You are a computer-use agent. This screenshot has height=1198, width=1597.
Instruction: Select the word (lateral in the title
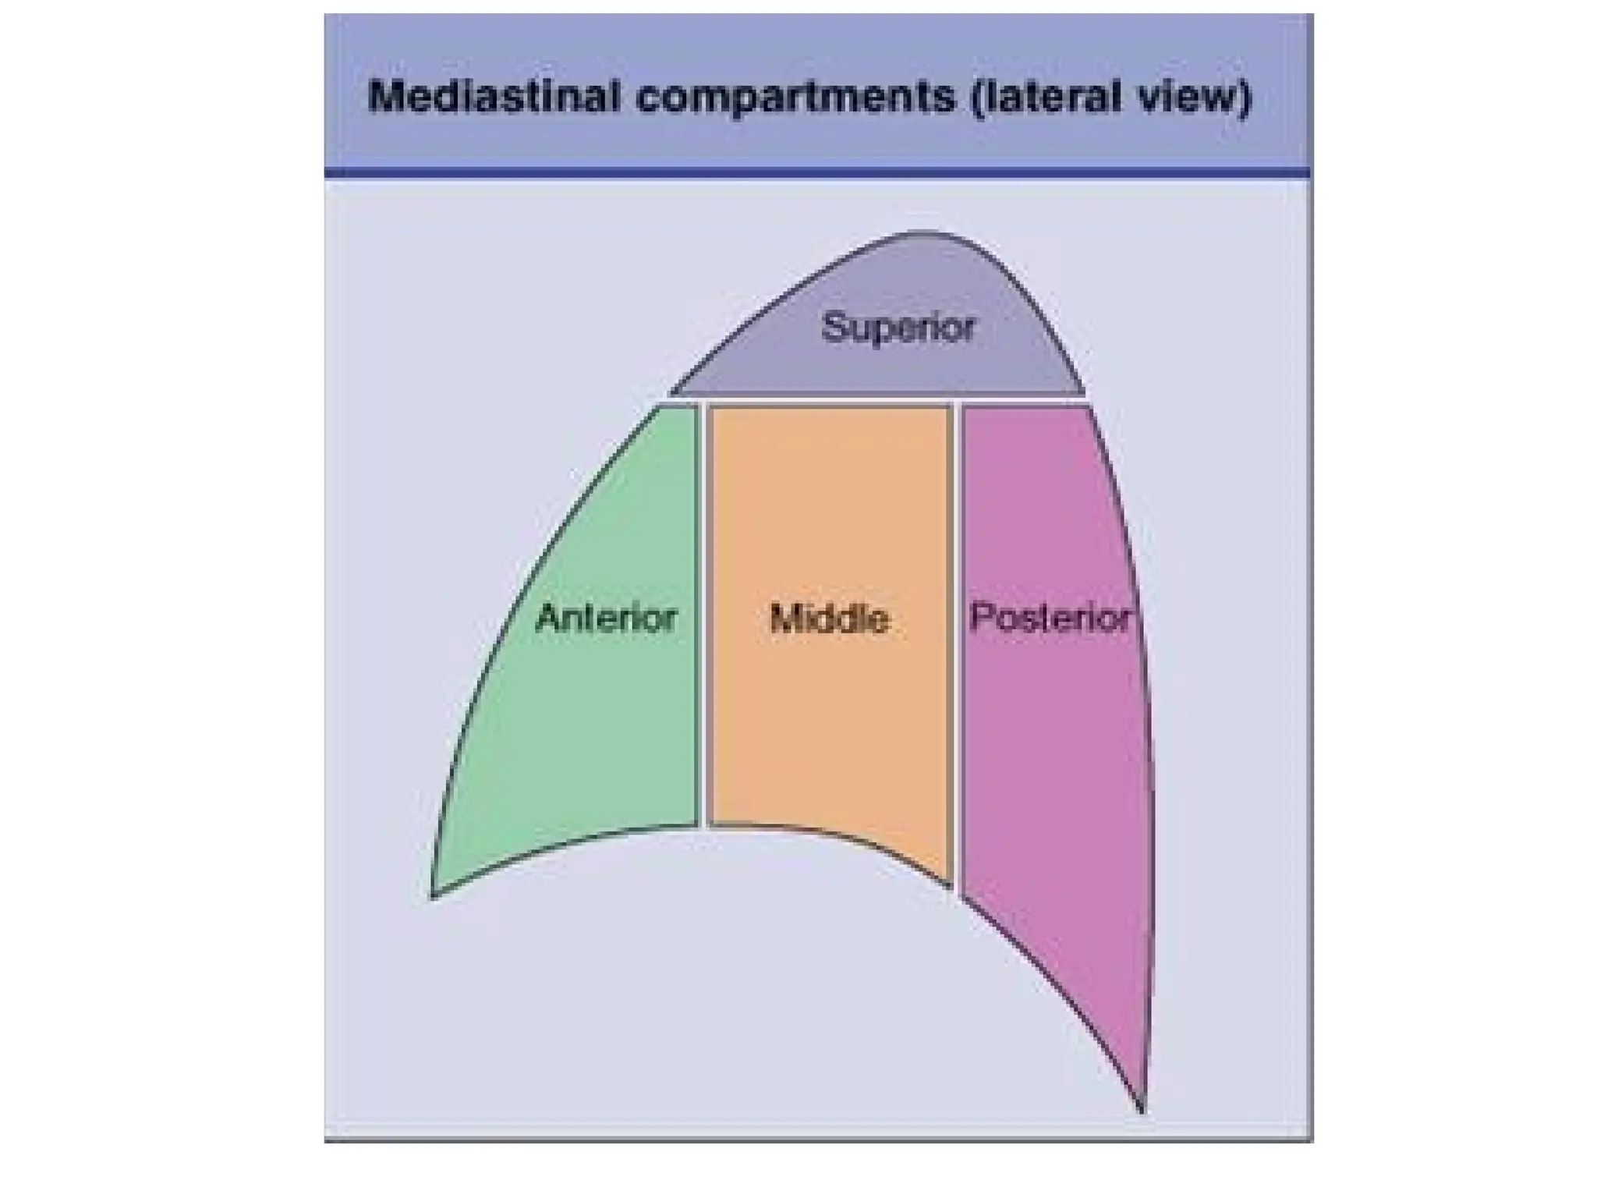coord(1038,97)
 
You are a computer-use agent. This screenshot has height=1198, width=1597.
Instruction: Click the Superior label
coord(898,328)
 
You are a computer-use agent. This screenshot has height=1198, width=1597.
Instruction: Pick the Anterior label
coord(606,618)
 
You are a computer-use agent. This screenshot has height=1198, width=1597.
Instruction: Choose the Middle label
coord(829,619)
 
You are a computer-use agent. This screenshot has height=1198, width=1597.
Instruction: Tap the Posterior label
coord(1050,618)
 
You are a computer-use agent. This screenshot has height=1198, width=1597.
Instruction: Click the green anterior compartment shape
coord(593,741)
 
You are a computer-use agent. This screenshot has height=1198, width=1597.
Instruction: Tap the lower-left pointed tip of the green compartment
coord(434,895)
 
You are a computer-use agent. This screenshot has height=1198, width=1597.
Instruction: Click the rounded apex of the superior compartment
coord(924,233)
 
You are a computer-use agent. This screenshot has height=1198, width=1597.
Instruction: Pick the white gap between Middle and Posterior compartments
coord(957,624)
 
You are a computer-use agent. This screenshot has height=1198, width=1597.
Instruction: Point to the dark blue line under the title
coord(817,172)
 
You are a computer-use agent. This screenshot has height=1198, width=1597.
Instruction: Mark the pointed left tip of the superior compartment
coord(674,392)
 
